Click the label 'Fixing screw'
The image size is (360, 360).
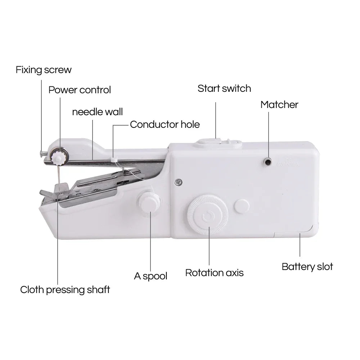(44, 69)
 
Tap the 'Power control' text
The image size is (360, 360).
(80, 90)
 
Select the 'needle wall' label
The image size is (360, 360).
(97, 112)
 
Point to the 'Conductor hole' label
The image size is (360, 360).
(165, 125)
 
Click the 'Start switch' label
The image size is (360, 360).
(224, 89)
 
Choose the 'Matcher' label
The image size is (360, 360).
(279, 105)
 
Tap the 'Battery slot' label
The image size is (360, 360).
(307, 267)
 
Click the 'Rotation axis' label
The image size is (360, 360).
(214, 273)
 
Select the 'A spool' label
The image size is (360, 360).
(150, 276)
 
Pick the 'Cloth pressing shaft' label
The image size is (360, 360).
(65, 289)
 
